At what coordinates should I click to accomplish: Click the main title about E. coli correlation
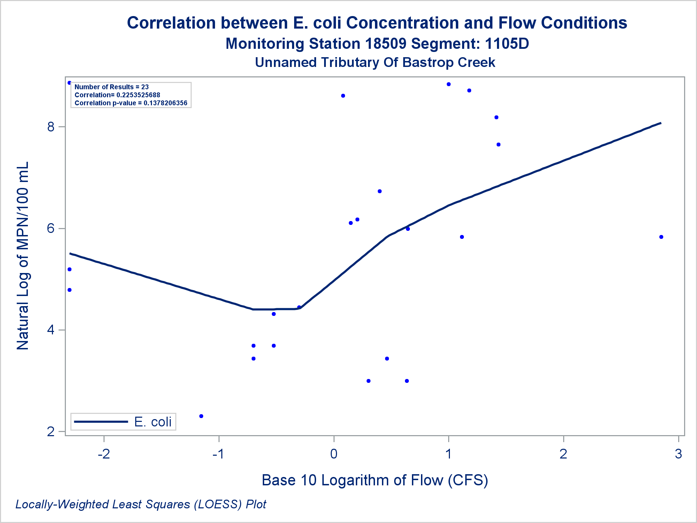(377, 23)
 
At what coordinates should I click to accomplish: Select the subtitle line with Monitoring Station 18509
(377, 44)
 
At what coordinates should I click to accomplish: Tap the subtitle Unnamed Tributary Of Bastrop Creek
(375, 62)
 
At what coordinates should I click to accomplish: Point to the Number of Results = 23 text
(112, 87)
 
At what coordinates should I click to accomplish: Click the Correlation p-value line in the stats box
(131, 103)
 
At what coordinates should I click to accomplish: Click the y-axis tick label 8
(51, 127)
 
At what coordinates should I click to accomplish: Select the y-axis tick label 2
(51, 432)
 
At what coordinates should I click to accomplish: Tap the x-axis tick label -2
(104, 454)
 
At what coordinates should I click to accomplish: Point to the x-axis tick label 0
(334, 454)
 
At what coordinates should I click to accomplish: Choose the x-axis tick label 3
(678, 454)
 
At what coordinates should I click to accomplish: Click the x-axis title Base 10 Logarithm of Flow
(375, 480)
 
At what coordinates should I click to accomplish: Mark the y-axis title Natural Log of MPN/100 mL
(23, 256)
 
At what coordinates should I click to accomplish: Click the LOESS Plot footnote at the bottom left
(141, 504)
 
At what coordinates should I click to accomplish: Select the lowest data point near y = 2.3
(201, 416)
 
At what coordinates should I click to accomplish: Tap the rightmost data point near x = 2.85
(661, 237)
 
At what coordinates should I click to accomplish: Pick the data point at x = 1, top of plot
(449, 84)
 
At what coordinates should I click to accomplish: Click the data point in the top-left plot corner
(69, 83)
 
